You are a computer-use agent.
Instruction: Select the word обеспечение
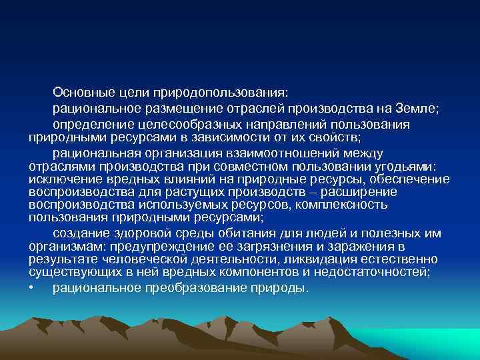pyautogui.click(x=413, y=179)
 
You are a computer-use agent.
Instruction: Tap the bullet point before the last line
pyautogui.click(x=31, y=288)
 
